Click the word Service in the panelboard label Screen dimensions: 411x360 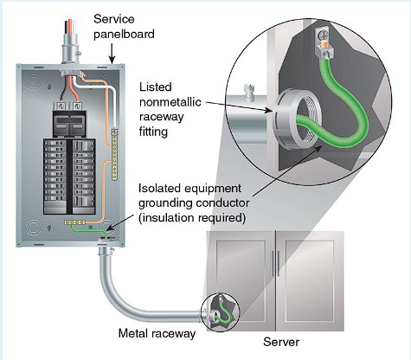coord(114,19)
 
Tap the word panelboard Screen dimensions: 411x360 coord(124,35)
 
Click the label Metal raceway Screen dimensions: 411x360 coord(157,334)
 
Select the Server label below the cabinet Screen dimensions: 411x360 coord(281,342)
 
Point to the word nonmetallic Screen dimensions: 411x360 coord(170,102)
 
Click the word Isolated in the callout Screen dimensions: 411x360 coord(160,189)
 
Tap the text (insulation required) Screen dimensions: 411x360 coord(192,218)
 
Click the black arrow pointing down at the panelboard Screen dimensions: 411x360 coord(112,54)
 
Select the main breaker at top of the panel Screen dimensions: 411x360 coord(69,123)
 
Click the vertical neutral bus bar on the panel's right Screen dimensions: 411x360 coord(115,154)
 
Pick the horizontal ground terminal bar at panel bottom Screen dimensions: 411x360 coord(74,222)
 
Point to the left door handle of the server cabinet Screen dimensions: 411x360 coord(273,264)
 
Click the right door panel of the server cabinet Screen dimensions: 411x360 coord(310,280)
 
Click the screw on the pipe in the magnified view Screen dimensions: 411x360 coord(248,93)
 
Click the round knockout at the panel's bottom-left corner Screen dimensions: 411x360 coord(33,228)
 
